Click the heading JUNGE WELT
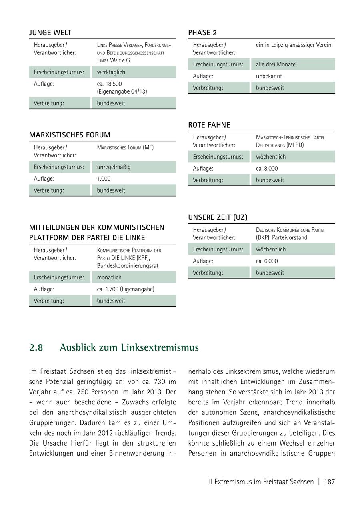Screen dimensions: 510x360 (50, 33)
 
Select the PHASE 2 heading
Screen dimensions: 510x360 (202, 33)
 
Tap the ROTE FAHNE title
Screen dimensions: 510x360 (209, 125)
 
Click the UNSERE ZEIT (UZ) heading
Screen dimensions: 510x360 (218, 217)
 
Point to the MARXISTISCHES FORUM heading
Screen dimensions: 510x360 (70, 135)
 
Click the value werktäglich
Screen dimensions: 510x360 (111, 72)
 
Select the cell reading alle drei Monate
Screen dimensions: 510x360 (276, 64)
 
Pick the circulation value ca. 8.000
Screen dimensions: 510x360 (266, 169)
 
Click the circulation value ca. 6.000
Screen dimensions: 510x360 (266, 261)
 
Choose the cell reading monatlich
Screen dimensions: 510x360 (109, 277)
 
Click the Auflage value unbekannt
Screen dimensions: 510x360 (269, 76)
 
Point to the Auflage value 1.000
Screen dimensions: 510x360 (104, 179)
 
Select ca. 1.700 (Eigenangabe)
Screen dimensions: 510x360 (125, 289)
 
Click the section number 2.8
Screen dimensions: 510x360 (36, 348)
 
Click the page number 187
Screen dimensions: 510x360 (329, 482)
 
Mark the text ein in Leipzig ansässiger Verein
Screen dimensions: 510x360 (294, 45)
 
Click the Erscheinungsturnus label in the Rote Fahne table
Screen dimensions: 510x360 (218, 157)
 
